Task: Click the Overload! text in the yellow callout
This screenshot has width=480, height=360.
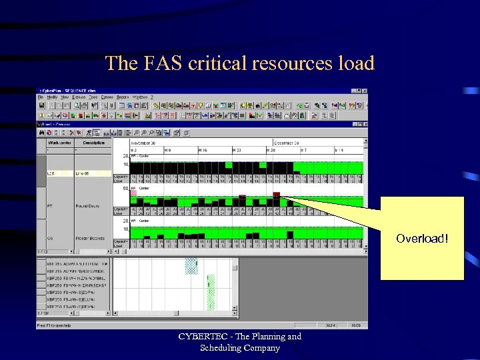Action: tap(421, 238)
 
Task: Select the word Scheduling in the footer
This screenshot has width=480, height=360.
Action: tap(222, 348)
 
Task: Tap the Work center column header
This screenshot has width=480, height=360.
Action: tap(60, 142)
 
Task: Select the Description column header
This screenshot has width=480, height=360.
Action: tap(93, 142)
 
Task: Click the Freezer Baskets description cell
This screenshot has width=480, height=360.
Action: tap(89, 238)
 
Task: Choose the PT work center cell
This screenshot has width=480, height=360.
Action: tap(50, 206)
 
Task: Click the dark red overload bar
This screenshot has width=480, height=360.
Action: tap(276, 195)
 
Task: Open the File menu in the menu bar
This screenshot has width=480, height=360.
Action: tap(41, 97)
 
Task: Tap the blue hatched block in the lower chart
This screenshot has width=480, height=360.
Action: tap(191, 267)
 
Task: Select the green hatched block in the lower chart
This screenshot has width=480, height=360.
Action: tap(211, 293)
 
